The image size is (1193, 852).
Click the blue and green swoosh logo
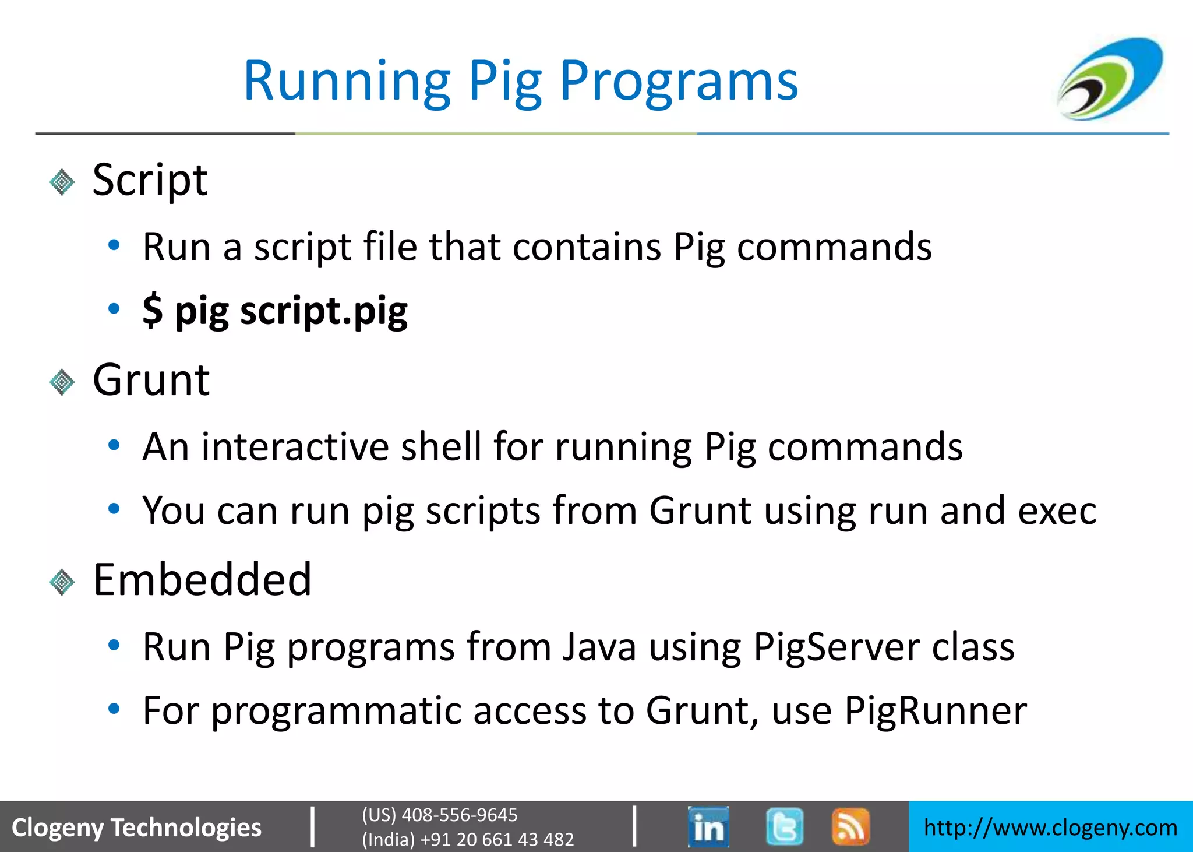coord(1110,79)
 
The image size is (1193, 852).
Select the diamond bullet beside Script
coord(62,182)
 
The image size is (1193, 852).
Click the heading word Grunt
coord(151,380)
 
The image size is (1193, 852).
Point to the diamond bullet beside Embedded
coord(62,582)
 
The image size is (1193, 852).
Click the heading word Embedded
coord(202,580)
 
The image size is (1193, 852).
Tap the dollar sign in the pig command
coord(153,310)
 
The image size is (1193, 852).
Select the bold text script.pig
coord(324,311)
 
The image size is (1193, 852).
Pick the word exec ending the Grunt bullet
coord(1057,511)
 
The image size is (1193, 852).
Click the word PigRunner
coord(935,710)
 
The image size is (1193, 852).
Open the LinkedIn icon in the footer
coord(708,826)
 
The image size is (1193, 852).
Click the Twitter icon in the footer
coord(785,826)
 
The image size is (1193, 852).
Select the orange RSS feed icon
coord(850,826)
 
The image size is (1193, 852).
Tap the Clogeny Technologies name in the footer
coord(136,828)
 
